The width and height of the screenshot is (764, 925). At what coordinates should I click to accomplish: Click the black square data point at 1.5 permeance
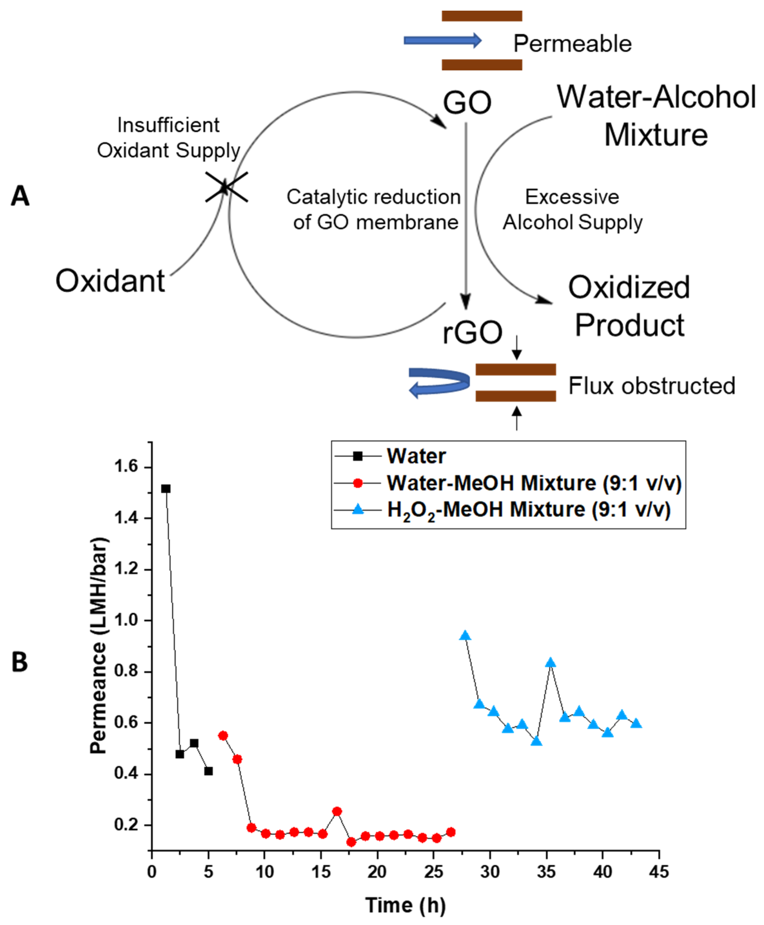pyautogui.click(x=166, y=489)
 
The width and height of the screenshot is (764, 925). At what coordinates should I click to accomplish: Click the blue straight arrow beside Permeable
pyautogui.click(x=442, y=41)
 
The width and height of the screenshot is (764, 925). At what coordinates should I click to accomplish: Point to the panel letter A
pyautogui.click(x=20, y=196)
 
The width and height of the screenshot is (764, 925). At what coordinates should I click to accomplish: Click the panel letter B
pyautogui.click(x=20, y=662)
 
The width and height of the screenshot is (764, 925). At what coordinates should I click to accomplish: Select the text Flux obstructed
pyautogui.click(x=651, y=386)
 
